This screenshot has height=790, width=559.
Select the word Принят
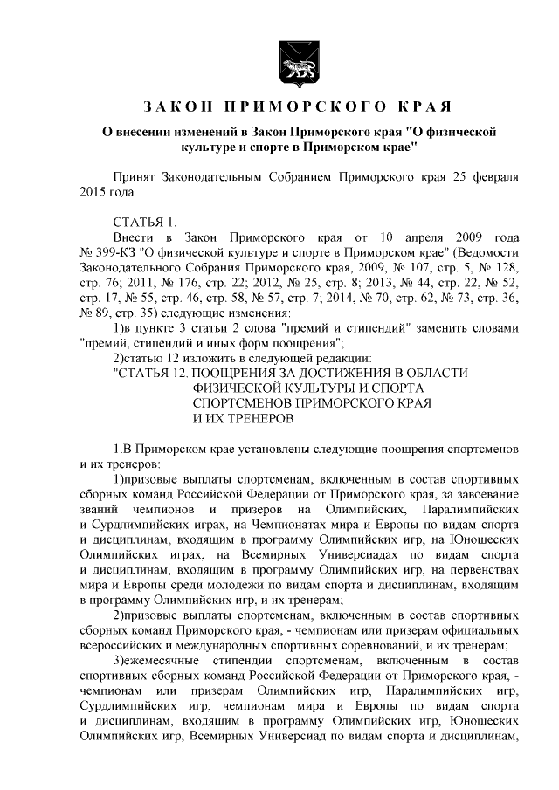135,175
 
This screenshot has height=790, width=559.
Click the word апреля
416,237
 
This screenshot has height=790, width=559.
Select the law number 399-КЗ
120,252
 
